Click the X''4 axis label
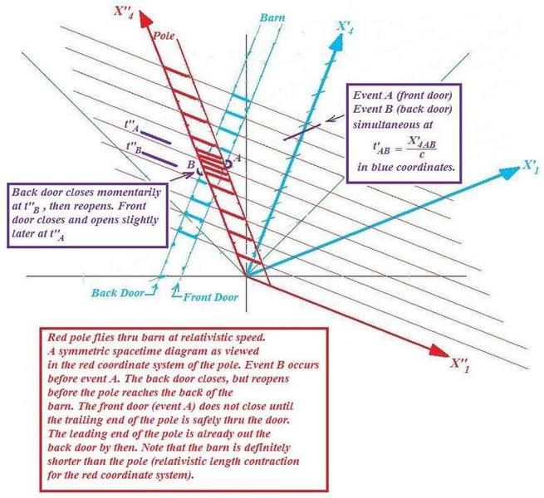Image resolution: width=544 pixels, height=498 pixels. coord(124,12)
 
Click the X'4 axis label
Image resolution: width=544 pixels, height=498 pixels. coord(346,28)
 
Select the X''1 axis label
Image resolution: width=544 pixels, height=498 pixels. coord(460,365)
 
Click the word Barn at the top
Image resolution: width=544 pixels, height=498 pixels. coord(272,17)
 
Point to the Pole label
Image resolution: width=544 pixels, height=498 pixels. coord(164,36)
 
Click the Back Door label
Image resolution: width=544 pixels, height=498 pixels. coord(117,293)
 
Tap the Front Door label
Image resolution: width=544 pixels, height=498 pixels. coord(211,297)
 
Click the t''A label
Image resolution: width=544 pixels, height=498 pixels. coord(132,126)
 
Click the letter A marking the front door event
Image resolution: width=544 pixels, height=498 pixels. coord(238,158)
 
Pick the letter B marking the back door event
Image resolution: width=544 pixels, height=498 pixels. coord(191,164)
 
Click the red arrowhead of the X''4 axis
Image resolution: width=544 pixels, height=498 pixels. coord(145,19)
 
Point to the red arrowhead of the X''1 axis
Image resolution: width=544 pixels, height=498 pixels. coord(439,350)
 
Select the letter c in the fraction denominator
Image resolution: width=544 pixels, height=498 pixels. coord(422,154)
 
